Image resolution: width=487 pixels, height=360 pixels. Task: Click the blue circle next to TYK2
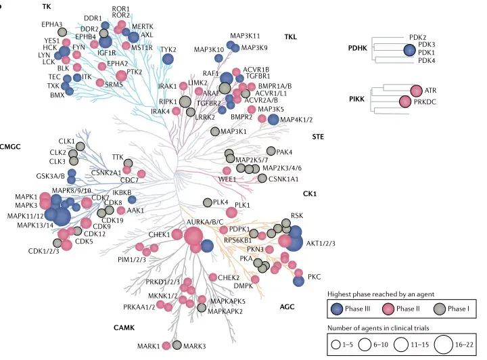168,59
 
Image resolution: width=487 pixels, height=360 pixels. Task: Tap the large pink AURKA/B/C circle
193,236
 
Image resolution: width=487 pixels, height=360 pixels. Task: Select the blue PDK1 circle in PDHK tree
410,50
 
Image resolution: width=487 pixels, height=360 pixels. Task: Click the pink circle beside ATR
416,91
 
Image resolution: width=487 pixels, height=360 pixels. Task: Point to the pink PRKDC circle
405,102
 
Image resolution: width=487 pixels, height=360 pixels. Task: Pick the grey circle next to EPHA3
62,32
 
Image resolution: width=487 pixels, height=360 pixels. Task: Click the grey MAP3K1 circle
215,131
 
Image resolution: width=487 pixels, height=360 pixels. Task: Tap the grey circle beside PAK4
271,151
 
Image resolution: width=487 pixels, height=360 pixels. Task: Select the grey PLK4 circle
208,203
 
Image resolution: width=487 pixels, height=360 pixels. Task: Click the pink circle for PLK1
231,212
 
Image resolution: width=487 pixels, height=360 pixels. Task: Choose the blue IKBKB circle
132,200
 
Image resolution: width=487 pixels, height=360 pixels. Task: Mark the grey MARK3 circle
177,345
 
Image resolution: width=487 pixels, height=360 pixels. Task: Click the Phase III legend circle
337,309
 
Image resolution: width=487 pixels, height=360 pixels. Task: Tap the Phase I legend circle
440,309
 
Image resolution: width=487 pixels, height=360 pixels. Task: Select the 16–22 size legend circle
444,344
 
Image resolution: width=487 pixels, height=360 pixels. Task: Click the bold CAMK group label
124,328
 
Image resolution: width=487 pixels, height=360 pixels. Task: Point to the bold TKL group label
290,37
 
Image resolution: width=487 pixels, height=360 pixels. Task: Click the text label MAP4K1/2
296,120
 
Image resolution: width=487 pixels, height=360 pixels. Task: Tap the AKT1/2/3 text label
321,243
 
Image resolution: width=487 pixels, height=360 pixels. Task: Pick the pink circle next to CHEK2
213,277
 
